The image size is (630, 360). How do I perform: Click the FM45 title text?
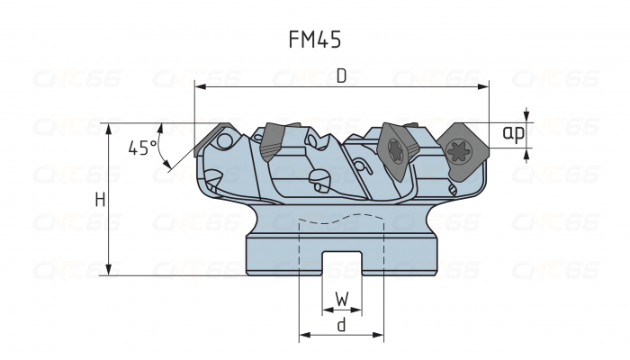[314, 41]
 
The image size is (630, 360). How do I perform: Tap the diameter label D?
[341, 76]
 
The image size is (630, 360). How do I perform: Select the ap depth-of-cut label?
[513, 133]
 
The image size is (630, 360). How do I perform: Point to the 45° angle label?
[141, 148]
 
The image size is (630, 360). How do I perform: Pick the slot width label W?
[341, 298]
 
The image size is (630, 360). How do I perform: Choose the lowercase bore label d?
[341, 325]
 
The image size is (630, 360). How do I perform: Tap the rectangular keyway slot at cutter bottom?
[341, 264]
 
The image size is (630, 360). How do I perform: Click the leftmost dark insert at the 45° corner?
[213, 136]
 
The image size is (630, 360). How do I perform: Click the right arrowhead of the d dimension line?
[381, 336]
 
